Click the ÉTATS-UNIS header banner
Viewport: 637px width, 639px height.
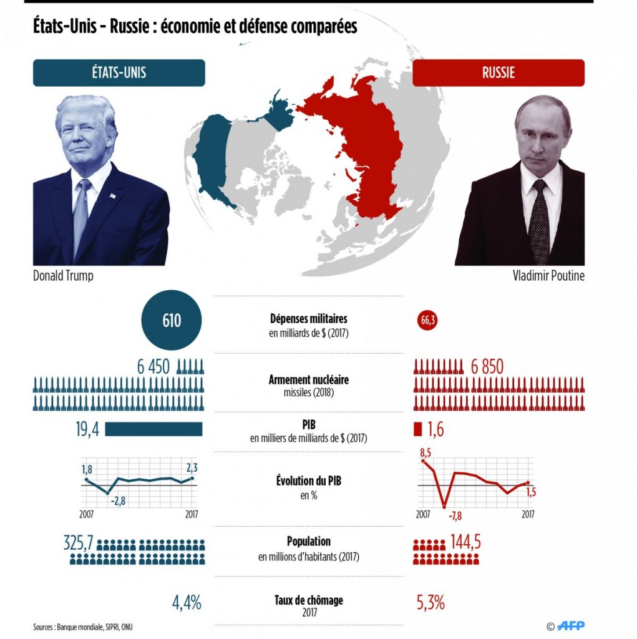[119, 72]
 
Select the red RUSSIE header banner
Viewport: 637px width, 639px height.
[498, 72]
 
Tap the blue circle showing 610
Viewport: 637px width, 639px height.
[172, 321]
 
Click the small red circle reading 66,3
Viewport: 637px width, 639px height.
[429, 321]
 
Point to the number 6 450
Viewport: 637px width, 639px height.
[153, 367]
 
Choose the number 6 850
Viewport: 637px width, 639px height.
[487, 367]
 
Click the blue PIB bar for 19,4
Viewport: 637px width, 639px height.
[153, 429]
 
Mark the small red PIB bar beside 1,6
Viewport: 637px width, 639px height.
[418, 429]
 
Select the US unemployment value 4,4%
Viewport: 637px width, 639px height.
[187, 603]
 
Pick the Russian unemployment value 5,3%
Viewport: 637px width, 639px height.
[430, 603]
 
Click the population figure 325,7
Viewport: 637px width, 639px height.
[78, 542]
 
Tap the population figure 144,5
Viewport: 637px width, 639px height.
[465, 541]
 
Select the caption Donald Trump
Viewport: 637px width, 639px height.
[63, 276]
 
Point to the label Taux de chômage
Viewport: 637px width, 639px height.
[309, 600]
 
